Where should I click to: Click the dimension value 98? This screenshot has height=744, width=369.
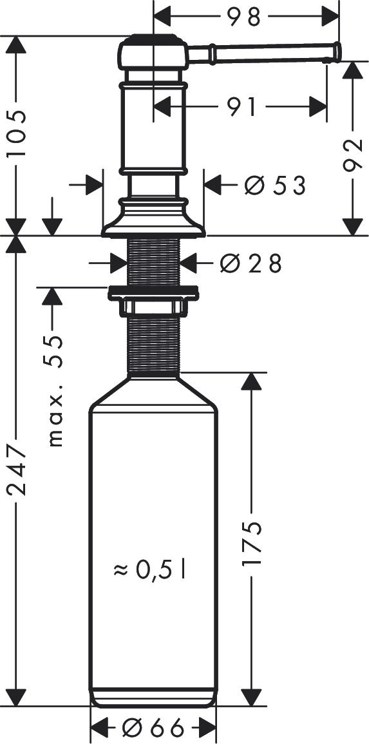[243, 17]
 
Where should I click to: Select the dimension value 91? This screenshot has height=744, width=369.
[241, 107]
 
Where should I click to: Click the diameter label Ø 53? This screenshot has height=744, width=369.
[274, 185]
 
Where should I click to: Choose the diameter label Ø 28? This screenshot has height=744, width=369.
[251, 263]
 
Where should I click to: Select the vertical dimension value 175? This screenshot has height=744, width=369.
[252, 543]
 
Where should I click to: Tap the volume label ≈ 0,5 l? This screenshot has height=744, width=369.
[149, 570]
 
